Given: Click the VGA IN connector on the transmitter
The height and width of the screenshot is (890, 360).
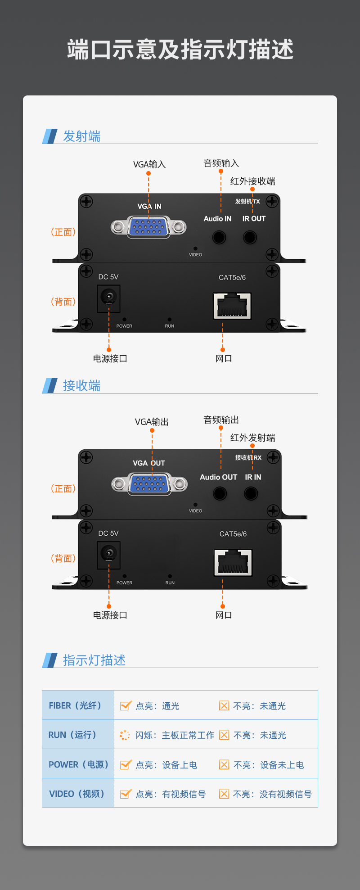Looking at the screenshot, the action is pos(148,227).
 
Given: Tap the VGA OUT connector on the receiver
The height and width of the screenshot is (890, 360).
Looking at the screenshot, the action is pos(149,484).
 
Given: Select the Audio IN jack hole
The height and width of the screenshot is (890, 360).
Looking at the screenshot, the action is pos(219,237).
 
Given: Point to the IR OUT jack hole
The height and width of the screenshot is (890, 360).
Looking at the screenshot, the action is pos(250,237).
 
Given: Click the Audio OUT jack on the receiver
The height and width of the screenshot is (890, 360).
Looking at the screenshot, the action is pos(220,493).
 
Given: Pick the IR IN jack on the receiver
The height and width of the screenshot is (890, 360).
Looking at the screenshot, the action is pos(251,493).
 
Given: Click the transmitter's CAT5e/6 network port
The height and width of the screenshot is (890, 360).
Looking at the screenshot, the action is pos(232,306).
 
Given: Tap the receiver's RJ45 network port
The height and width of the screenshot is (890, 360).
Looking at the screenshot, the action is pos(233,563).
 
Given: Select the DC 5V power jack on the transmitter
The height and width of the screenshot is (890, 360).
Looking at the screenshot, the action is pos(108,298).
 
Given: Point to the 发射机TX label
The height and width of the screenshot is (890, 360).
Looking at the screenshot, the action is pos(247,201).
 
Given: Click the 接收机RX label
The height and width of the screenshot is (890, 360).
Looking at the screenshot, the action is pos(248,457).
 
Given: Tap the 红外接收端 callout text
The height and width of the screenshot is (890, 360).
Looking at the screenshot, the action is pos(252,181).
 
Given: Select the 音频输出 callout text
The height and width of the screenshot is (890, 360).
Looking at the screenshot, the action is pos(221,420).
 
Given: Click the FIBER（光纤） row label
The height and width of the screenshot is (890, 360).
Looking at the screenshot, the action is pos(75,705).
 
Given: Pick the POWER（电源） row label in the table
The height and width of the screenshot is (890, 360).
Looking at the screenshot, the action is pos(78,764).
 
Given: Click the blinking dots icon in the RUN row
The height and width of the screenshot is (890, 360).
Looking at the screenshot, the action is pos(125,735).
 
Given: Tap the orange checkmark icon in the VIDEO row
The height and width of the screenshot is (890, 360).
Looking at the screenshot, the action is pos(126,794).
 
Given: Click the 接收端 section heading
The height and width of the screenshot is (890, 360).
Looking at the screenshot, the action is pos(81,386).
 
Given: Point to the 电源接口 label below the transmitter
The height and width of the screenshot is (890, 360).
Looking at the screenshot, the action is pos(110,359).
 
